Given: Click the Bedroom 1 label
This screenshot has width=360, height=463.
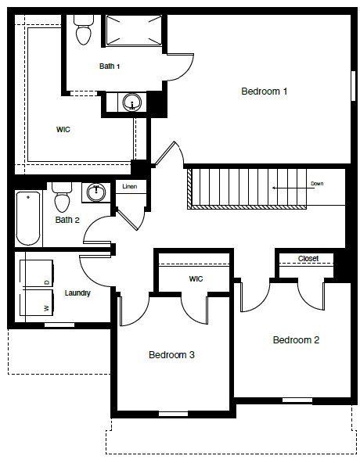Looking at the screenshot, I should (265, 92).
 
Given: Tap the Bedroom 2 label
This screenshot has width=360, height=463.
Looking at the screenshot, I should (296, 340).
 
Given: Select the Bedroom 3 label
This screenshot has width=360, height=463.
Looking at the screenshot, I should (171, 355).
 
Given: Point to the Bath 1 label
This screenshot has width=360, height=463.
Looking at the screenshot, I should (110, 66).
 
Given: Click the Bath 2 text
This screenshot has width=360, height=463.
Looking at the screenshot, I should (67, 220).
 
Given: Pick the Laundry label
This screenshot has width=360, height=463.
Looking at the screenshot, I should (77, 293).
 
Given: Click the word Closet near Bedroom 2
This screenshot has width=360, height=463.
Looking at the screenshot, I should (308, 258).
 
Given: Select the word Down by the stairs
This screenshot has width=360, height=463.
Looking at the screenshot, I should (317, 184).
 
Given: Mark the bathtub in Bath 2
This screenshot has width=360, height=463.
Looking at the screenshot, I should (27, 217).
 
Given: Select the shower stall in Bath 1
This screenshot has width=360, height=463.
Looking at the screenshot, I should (133, 31).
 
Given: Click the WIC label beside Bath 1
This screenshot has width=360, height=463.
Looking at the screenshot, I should (63, 130).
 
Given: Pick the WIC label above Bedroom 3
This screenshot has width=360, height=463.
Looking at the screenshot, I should (196, 278).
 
